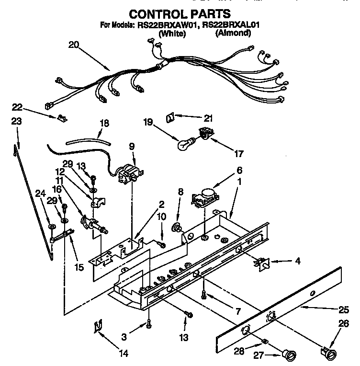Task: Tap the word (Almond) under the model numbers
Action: (x=233, y=33)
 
